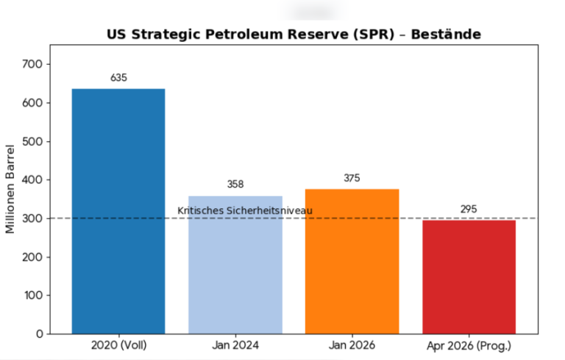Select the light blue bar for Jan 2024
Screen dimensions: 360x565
click(x=235, y=264)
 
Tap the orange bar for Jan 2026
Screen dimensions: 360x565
click(x=352, y=261)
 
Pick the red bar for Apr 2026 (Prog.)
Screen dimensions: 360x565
click(x=469, y=277)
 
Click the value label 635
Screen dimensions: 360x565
click(x=118, y=77)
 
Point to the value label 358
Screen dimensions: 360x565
click(x=235, y=184)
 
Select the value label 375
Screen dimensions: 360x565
click(x=352, y=177)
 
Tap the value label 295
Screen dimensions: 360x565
click(x=469, y=209)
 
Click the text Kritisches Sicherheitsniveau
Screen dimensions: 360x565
click(x=245, y=211)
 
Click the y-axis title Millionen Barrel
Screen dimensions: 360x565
click(x=10, y=190)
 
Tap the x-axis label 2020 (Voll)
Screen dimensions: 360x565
click(x=118, y=345)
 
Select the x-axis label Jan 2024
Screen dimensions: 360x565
click(x=235, y=345)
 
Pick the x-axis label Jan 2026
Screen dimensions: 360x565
click(x=352, y=345)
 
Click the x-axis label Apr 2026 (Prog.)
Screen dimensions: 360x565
click(x=469, y=345)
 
